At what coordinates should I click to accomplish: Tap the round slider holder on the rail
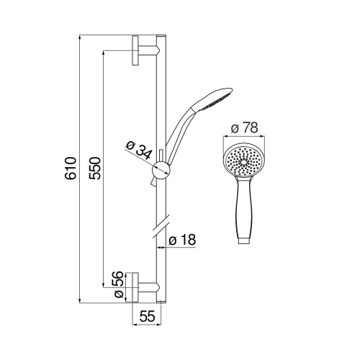pos(163,171)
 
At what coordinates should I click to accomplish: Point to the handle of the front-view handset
pos(244,212)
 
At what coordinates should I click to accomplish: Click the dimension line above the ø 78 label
pos(243,136)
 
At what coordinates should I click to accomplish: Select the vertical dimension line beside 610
pos(78,169)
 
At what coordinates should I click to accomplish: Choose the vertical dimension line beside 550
pos(104,169)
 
